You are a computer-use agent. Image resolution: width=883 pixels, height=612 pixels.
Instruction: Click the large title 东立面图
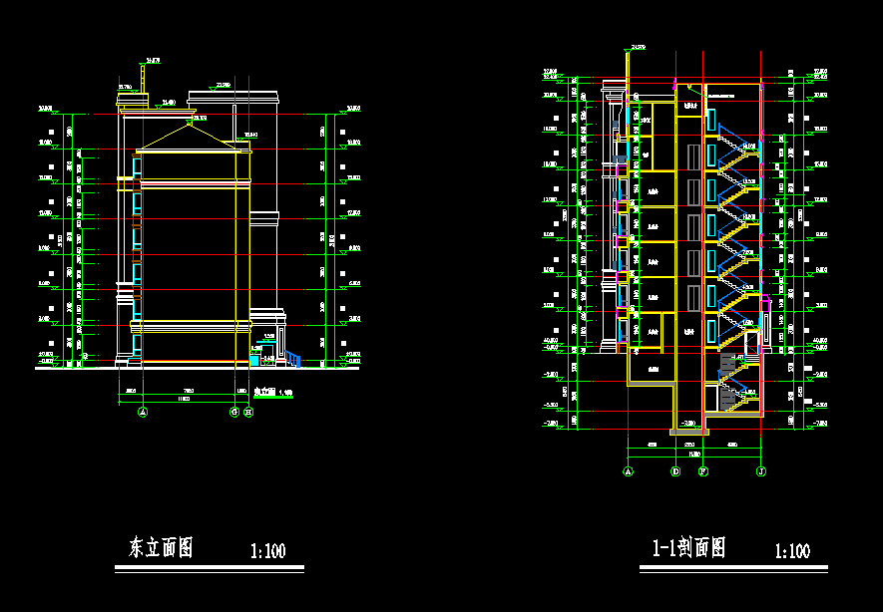pos(160,547)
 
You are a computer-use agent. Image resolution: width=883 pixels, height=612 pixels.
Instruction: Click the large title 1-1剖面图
pos(688,547)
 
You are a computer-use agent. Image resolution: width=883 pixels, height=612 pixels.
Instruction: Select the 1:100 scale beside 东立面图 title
pos(267,550)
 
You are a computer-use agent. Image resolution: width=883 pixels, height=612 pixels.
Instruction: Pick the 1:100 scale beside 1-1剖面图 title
pos(792,550)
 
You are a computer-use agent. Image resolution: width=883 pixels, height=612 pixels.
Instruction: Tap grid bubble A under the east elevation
pos(143,412)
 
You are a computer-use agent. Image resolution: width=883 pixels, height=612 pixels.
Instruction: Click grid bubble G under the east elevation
pos(234,412)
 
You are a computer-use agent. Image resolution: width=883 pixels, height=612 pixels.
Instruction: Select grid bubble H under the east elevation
pos(248,412)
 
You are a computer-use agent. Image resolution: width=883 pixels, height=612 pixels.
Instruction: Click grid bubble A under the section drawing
pos(629,470)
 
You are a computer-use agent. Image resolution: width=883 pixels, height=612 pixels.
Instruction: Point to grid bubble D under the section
pos(675,470)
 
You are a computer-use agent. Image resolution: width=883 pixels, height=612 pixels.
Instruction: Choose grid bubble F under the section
pos(703,470)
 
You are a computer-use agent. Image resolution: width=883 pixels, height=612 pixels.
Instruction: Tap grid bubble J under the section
pos(761,470)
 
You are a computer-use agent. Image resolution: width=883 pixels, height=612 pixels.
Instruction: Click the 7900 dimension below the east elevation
pos(188,390)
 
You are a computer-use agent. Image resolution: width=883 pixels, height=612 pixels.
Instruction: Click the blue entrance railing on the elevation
pos(292,358)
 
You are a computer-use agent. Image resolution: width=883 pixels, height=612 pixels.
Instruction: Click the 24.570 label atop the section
pos(638,47)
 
